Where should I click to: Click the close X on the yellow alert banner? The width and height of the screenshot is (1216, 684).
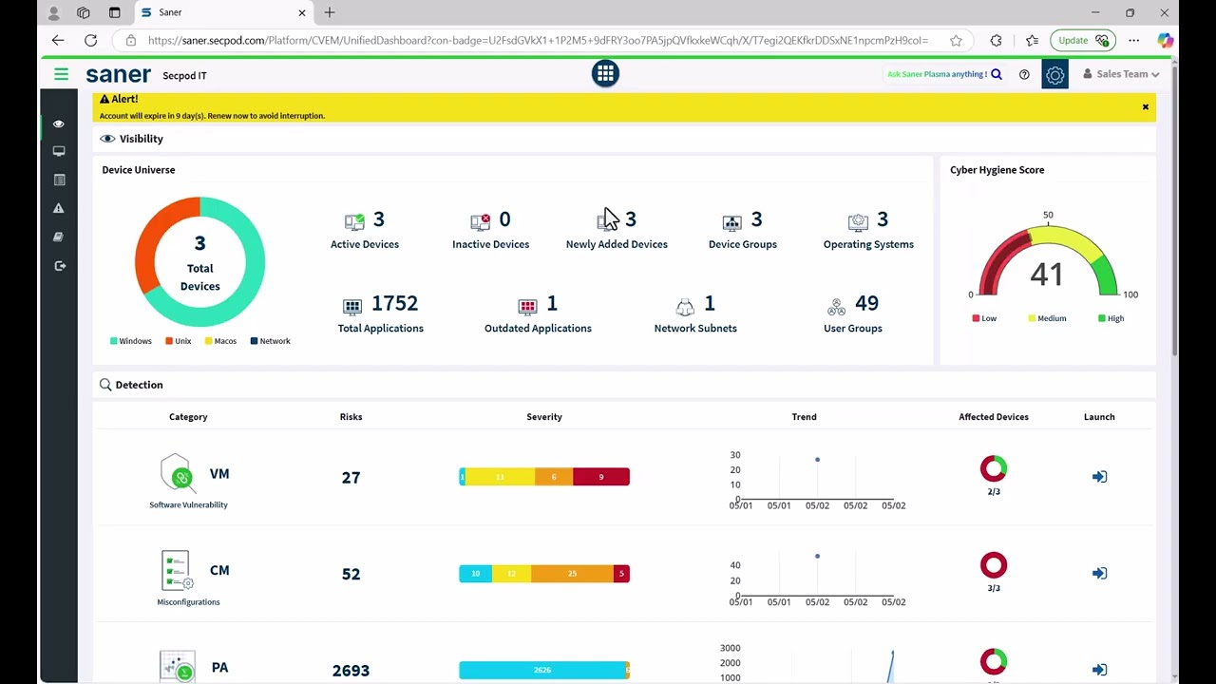[x=1145, y=107]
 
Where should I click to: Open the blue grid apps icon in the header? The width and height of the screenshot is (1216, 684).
[x=605, y=74]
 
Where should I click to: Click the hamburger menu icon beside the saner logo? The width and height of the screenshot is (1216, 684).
[x=62, y=74]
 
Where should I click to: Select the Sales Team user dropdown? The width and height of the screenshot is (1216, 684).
[x=1121, y=74]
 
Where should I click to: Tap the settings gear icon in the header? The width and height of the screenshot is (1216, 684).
[x=1054, y=75]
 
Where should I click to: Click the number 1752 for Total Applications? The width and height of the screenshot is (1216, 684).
[x=394, y=303]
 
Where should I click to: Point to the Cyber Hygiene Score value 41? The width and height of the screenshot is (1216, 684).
[x=1046, y=275]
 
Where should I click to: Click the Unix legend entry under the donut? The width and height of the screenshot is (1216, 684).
[x=179, y=341]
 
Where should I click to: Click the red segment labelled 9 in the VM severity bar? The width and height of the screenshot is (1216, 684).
[x=600, y=477]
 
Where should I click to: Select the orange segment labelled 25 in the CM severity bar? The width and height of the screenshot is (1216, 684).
[x=572, y=574]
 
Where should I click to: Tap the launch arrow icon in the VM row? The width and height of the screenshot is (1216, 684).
[x=1099, y=477]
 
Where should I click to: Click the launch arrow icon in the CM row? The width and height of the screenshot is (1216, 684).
[x=1099, y=574]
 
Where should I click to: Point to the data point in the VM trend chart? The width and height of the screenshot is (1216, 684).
[x=817, y=460]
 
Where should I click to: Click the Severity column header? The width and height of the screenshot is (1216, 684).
[x=544, y=417]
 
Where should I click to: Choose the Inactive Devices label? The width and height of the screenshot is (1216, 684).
[x=490, y=244]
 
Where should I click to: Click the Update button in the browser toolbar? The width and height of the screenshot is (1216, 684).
[x=1081, y=40]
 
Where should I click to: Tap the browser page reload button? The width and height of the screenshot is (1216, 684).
[x=90, y=40]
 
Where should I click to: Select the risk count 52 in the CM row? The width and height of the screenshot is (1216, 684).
[x=351, y=574]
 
